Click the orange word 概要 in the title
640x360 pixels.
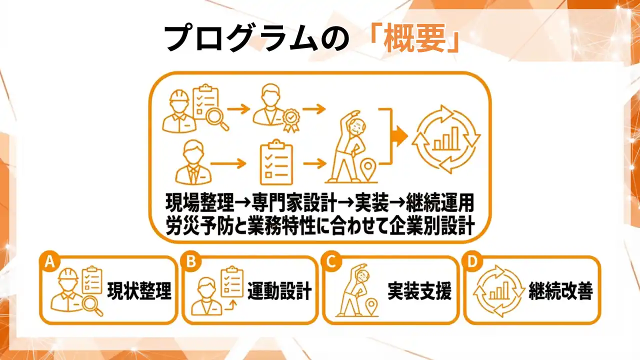(x=415, y=38)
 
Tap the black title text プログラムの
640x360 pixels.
(x=256, y=38)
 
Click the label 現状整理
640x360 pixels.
(x=139, y=291)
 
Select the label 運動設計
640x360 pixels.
(x=279, y=291)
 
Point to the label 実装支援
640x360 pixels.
(x=419, y=291)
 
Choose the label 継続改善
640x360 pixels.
(x=560, y=291)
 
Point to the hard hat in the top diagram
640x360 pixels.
(x=179, y=98)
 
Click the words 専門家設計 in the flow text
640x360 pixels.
(x=293, y=203)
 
